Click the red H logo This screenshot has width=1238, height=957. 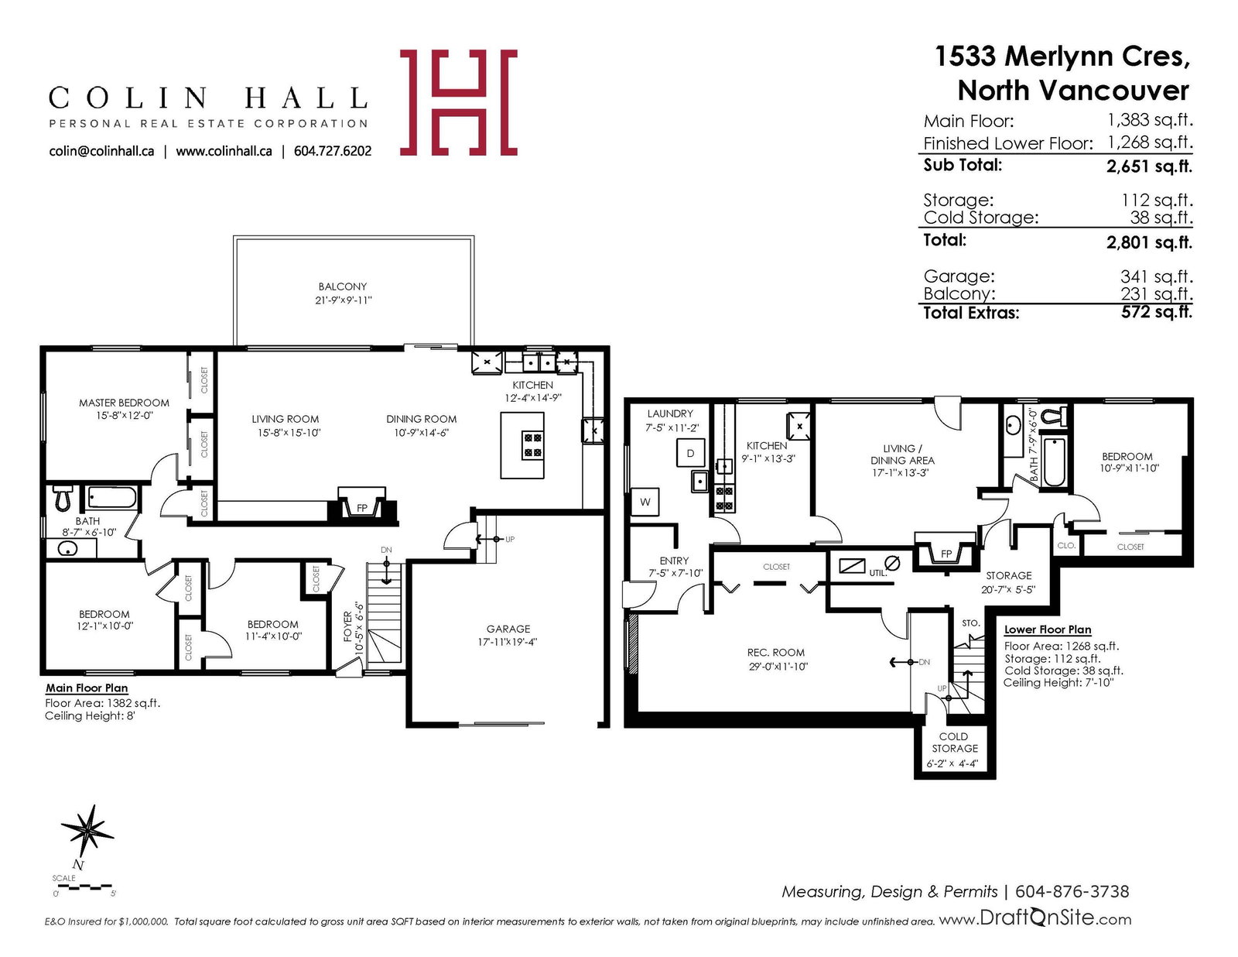458,102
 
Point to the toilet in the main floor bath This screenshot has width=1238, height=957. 62,497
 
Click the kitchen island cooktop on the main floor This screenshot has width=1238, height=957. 532,445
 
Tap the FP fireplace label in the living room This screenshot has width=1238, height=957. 362,508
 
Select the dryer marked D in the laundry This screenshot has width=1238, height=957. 690,453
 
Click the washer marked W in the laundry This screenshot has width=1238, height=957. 645,503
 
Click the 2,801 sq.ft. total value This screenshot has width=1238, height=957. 1148,243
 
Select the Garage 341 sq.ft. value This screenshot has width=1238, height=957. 1157,276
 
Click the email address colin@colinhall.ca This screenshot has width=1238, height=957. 101,151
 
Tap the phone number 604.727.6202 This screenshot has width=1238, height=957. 332,151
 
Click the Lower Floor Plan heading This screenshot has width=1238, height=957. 1047,629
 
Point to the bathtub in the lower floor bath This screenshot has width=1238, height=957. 1053,461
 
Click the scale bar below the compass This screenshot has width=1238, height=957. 85,887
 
